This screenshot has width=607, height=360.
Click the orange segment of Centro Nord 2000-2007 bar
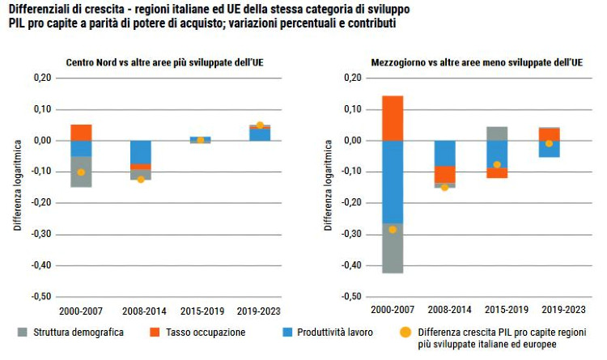[81, 132]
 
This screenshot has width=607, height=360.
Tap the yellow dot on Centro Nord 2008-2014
[141, 179]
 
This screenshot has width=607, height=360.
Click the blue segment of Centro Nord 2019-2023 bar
[260, 134]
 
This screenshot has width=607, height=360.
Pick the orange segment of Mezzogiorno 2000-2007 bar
[393, 118]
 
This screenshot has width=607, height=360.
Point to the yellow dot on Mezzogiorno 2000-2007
[393, 230]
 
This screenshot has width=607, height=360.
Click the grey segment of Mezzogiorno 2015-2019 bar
[497, 133]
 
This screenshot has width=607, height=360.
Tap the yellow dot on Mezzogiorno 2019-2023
[549, 143]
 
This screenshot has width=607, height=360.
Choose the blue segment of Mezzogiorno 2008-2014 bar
[444, 153]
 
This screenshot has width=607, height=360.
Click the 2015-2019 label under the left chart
[200, 310]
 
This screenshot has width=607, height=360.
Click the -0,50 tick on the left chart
[41, 296]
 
